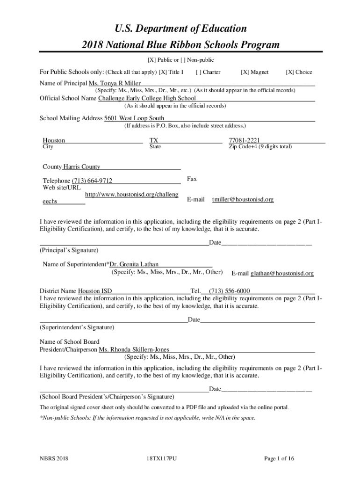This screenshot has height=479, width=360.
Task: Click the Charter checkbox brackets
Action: pos(199,72)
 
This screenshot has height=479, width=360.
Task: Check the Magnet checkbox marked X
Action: pos(245,72)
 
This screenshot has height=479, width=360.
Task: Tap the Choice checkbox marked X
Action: pos(289,72)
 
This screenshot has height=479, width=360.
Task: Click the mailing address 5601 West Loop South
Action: pos(134,118)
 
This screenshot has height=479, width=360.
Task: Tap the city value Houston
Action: pos(54,140)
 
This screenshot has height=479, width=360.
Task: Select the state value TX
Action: pos(154,140)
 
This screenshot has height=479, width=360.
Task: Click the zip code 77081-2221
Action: pos(244,140)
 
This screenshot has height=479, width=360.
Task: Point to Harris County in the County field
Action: pos(82,167)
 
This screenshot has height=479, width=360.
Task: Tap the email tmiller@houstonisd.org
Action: pos(243,199)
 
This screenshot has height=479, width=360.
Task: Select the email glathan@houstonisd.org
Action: pos(282,273)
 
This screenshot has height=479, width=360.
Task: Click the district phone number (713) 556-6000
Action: pos(229,290)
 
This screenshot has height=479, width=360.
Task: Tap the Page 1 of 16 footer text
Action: pos(279,458)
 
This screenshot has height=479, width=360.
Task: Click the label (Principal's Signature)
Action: pos(69,250)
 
